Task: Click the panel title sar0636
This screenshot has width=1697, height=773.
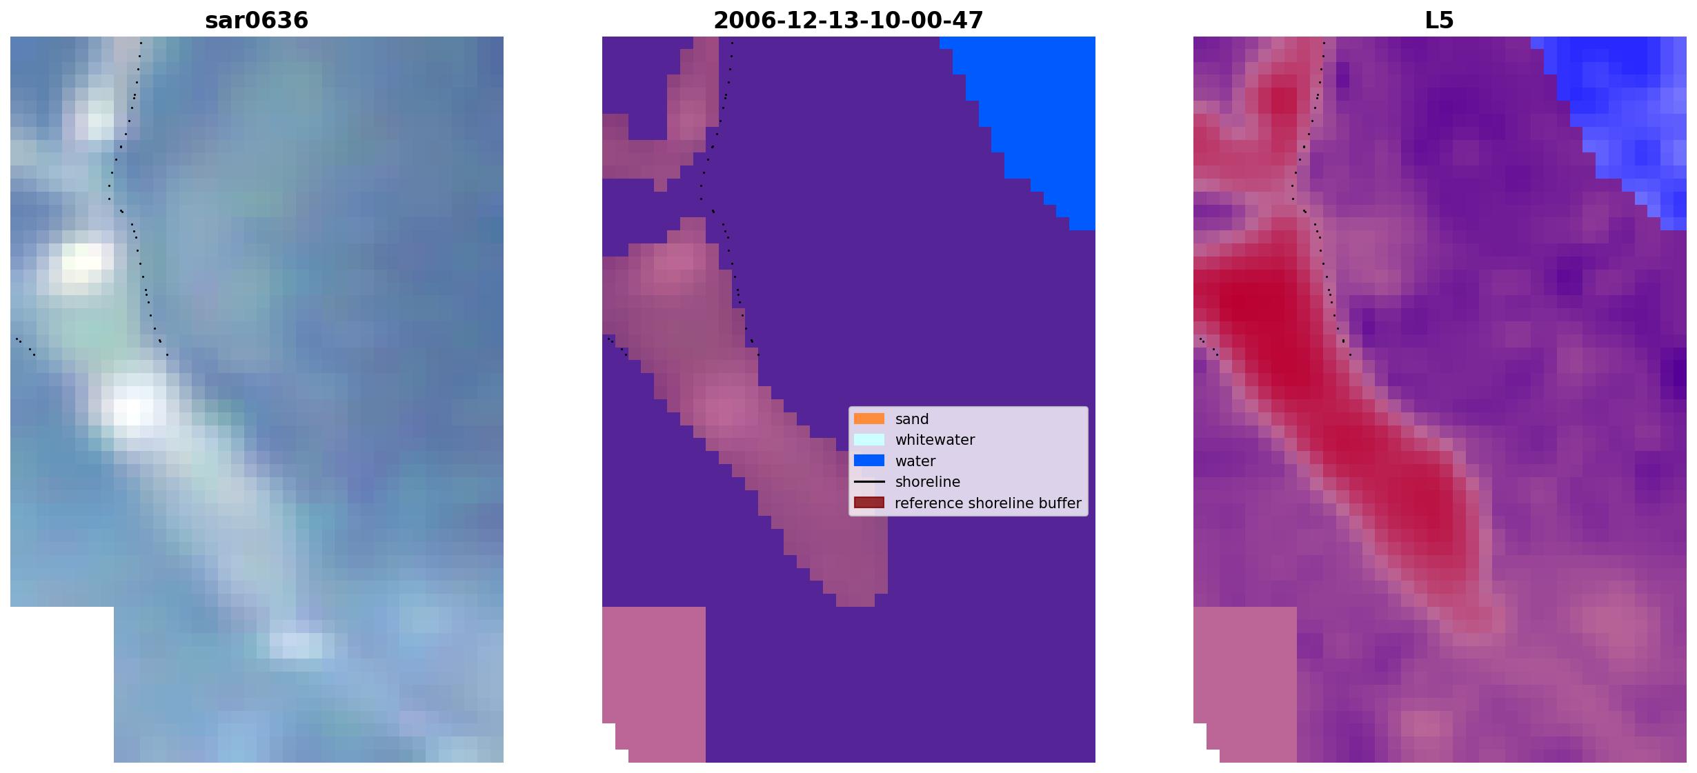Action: click(257, 21)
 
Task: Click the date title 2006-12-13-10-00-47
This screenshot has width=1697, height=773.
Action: click(848, 21)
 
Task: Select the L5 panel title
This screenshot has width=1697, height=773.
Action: click(1439, 21)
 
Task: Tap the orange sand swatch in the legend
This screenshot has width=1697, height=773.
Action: click(869, 419)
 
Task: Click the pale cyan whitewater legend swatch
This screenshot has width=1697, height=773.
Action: click(869, 439)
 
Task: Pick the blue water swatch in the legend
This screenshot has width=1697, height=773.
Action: click(869, 461)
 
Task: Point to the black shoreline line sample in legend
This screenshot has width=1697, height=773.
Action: click(869, 481)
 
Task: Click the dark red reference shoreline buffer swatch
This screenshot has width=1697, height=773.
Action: click(869, 503)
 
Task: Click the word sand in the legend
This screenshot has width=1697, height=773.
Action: click(912, 419)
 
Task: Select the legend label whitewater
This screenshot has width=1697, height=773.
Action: click(935, 440)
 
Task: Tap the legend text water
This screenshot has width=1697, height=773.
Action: click(915, 461)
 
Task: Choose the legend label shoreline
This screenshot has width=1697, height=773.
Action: click(928, 482)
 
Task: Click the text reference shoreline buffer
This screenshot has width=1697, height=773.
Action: click(988, 503)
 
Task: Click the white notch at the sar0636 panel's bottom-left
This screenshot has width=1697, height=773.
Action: click(62, 684)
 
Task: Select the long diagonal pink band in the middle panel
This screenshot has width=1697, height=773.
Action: click(745, 414)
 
